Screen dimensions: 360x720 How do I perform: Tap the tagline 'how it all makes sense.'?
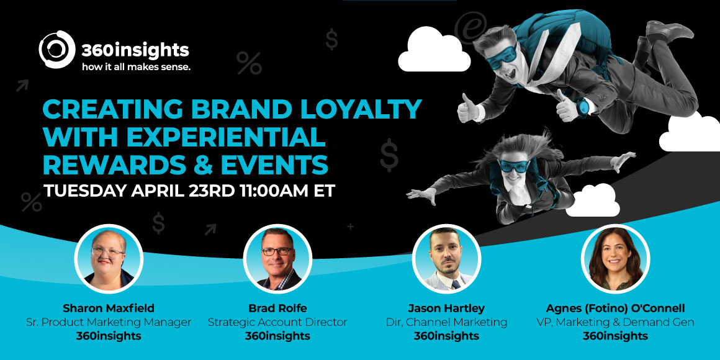[136, 66]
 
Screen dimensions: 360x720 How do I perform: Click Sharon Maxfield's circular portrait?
[109, 259]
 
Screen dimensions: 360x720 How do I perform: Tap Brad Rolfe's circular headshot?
[277, 259]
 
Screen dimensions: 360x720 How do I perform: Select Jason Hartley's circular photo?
[446, 259]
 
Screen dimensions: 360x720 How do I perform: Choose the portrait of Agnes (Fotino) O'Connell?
[615, 259]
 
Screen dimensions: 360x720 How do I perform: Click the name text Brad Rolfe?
[277, 308]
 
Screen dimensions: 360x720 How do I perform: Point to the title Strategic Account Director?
[277, 322]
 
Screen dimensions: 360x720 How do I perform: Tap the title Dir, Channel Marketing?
[446, 322]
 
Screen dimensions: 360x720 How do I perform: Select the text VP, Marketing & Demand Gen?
[615, 322]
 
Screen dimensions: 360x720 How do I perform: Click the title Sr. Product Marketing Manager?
[109, 322]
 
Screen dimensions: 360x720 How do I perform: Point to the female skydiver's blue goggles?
[515, 166]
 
